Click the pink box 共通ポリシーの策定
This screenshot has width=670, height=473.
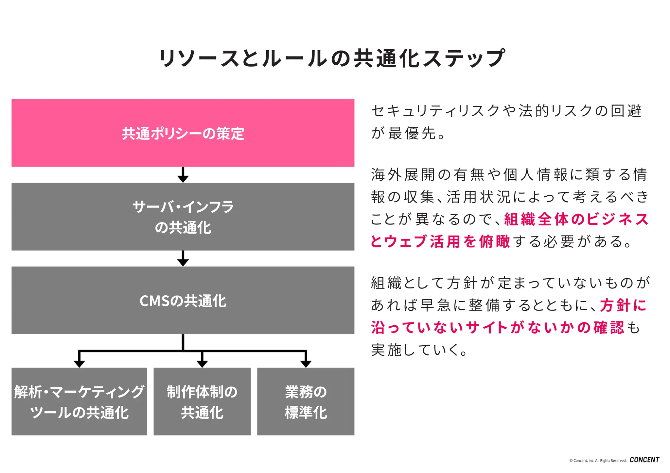(183, 133)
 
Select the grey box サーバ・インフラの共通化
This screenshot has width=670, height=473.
(183, 217)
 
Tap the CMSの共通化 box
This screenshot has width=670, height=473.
(183, 300)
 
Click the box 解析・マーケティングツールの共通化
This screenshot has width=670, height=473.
(79, 401)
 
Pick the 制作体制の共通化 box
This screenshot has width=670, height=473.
(202, 401)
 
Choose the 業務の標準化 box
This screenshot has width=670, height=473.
(306, 401)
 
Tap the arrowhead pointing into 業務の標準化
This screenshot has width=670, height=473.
(306, 363)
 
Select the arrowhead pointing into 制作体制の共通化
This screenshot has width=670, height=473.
(202, 363)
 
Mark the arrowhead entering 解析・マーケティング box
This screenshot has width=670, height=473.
(79, 363)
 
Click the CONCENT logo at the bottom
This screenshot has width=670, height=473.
(644, 460)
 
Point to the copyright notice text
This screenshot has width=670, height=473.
(598, 461)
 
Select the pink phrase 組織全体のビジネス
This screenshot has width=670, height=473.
(576, 219)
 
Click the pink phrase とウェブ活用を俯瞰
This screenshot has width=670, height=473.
(440, 241)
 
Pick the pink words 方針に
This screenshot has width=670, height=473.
(623, 305)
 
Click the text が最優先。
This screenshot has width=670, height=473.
(408, 133)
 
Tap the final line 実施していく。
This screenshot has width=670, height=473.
(419, 350)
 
